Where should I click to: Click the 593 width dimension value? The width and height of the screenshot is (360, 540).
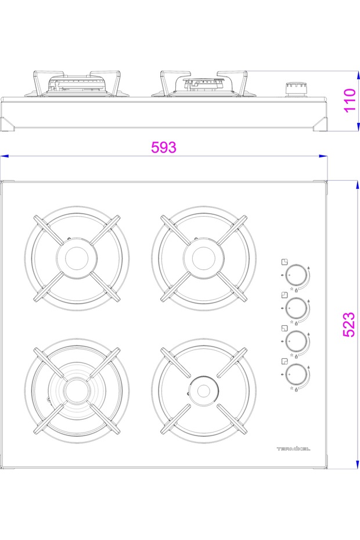point(164,147)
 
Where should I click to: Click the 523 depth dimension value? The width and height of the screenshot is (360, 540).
point(349,325)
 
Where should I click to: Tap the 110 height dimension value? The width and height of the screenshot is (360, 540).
point(350,100)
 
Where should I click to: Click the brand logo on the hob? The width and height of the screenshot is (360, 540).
point(293,449)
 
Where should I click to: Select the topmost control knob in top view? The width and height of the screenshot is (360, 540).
point(296,275)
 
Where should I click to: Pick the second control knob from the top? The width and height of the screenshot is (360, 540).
point(296,308)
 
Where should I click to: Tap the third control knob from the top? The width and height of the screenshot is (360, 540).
point(296,341)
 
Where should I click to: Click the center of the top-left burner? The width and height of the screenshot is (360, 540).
point(77,258)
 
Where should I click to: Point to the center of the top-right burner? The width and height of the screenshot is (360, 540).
point(204,258)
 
